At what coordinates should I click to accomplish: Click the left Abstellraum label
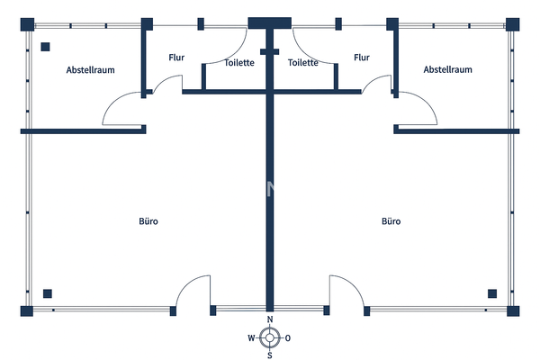tap(90, 69)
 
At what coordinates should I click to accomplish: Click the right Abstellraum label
tap(447, 69)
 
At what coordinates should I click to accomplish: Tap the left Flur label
tap(176, 58)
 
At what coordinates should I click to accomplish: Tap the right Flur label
tap(362, 58)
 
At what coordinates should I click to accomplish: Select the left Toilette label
tap(239, 63)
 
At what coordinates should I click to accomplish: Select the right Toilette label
tap(303, 63)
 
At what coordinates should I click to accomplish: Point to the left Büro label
tap(148, 220)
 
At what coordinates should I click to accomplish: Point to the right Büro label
tap(391, 220)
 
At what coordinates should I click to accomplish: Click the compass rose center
tap(269, 338)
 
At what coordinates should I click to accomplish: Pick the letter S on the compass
tap(269, 355)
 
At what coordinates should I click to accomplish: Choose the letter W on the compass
tap(251, 338)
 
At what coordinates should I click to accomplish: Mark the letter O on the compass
tap(287, 338)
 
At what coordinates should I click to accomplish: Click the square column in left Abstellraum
tap(45, 48)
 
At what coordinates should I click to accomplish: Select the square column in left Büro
tap(47, 292)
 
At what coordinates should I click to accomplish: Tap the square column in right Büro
tap(492, 292)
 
